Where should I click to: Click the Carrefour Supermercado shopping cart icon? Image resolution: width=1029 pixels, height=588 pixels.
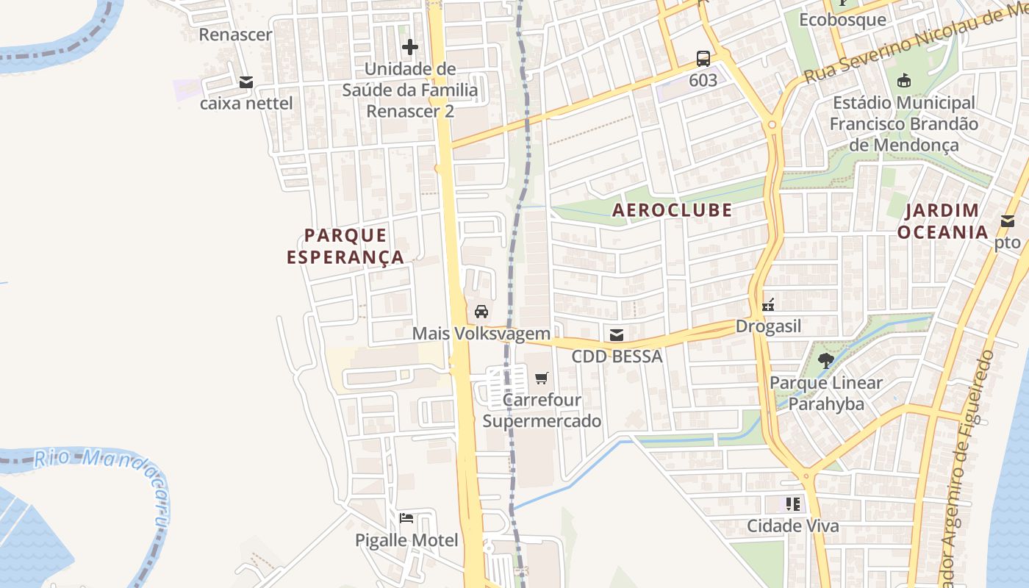542,379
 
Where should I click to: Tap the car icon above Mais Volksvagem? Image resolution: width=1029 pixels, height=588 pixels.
481,312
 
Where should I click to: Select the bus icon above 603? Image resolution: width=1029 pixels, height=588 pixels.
703,58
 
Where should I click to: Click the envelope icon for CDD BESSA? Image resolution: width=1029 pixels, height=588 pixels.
617,335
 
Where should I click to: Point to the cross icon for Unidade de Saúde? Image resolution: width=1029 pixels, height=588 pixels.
410,48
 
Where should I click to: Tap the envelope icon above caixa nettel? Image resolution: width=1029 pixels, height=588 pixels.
246,82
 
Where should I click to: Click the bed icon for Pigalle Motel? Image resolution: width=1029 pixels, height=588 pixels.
406,518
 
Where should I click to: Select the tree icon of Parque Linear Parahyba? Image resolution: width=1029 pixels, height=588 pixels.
825,360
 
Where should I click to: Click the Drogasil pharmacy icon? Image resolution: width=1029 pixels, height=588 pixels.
768,304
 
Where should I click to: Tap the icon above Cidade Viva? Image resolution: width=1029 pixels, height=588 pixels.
792,504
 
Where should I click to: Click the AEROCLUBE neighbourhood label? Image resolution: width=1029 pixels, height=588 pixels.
673,210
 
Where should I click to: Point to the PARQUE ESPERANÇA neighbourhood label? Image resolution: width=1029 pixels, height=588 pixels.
345,246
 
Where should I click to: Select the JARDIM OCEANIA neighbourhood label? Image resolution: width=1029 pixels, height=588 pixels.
942,221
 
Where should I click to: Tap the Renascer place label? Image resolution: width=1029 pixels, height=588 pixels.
235,35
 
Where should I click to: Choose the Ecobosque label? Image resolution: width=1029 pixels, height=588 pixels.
842,19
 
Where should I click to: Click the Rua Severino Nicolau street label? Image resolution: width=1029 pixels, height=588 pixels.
911,44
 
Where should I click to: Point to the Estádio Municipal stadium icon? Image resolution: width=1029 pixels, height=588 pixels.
903,79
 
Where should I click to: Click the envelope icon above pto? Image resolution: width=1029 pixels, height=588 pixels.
1007,221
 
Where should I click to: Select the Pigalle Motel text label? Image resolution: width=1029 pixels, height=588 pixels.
406,540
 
